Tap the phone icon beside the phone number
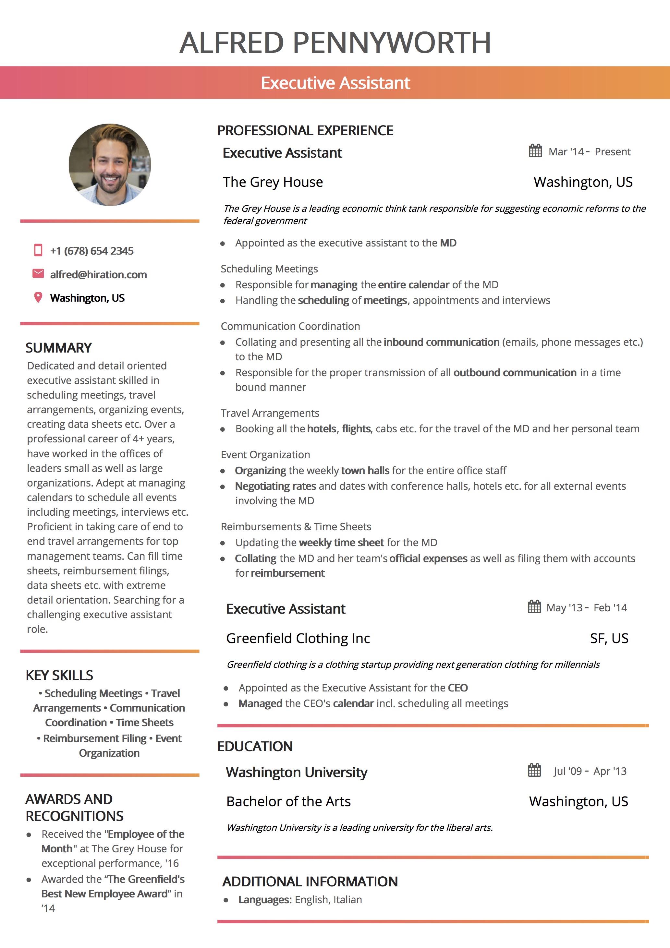(x=38, y=250)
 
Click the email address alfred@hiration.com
(x=98, y=275)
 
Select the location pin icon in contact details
(x=38, y=297)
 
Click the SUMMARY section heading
(x=59, y=348)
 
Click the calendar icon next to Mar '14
(x=535, y=151)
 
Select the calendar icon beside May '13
(x=534, y=607)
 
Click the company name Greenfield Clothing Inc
(x=298, y=638)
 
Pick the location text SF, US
(x=609, y=638)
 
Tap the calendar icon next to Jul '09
(x=534, y=771)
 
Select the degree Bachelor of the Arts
(x=288, y=801)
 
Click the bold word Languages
(x=265, y=900)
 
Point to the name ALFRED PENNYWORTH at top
(x=335, y=42)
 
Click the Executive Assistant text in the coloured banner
(x=335, y=83)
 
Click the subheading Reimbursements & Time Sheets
(x=296, y=527)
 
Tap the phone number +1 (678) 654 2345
(x=92, y=251)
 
